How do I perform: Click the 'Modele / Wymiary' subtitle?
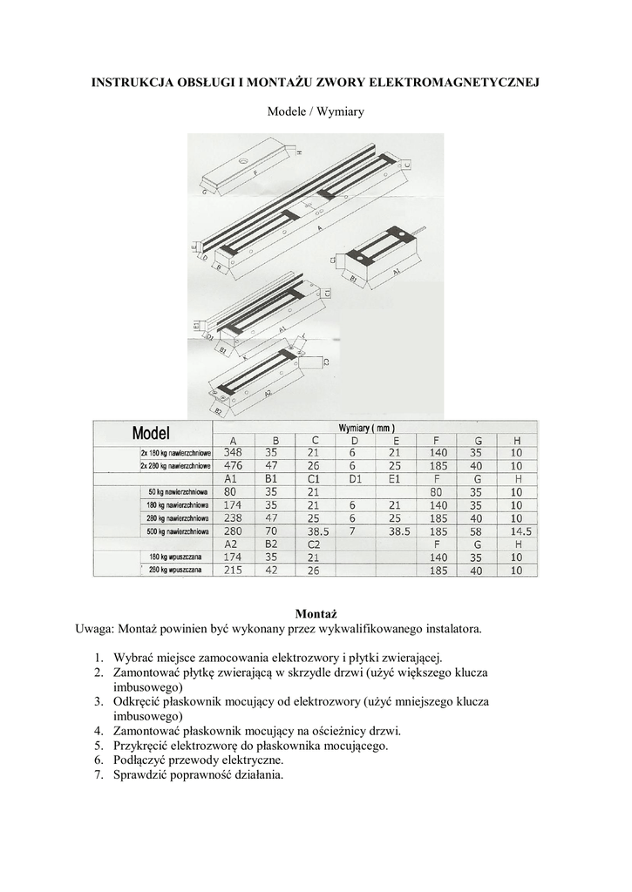[x=316, y=112]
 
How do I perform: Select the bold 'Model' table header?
[x=151, y=433]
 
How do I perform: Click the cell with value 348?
[x=233, y=453]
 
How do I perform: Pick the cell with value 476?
[x=233, y=466]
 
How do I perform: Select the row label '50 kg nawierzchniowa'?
[x=174, y=492]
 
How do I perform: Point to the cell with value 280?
[x=233, y=530]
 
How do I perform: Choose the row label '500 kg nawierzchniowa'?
[x=173, y=530]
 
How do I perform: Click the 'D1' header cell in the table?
[x=355, y=479]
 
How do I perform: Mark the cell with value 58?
[x=477, y=530]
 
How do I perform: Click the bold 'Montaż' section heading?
[x=316, y=614]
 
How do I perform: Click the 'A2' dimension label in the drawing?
[x=268, y=393]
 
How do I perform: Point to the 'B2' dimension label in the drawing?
[x=218, y=408]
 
